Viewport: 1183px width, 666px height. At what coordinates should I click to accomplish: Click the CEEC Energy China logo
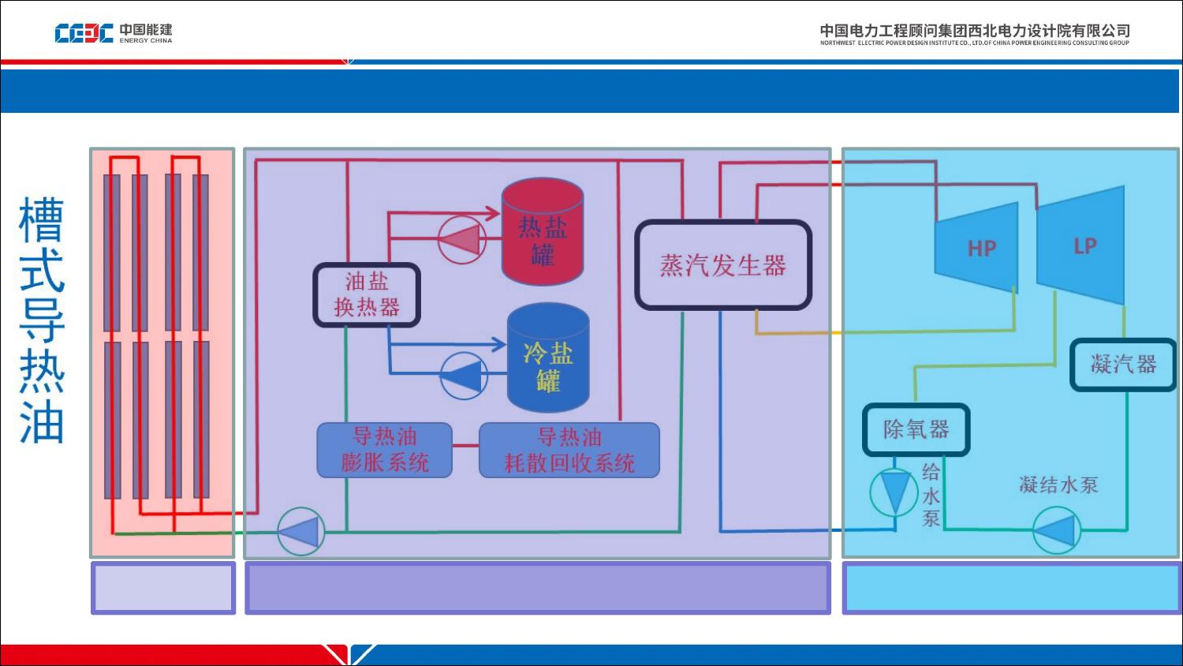114,33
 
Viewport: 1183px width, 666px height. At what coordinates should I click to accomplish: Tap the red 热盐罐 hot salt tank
543,231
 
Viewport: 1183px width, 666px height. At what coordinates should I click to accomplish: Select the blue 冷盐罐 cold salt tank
548,357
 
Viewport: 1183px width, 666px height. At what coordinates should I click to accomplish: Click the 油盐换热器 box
367,295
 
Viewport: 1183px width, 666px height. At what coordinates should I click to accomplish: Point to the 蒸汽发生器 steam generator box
723,265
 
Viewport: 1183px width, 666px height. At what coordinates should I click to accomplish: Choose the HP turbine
976,247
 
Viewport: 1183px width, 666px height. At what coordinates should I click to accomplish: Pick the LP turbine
1080,245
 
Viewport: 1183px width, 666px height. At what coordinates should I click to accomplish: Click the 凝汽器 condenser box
1123,365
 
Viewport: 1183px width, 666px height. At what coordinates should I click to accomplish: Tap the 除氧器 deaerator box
916,430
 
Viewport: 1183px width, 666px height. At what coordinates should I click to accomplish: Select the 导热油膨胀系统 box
385,451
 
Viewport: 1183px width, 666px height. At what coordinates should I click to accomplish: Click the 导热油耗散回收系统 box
569,451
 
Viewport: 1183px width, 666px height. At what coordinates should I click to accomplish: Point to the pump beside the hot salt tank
462,239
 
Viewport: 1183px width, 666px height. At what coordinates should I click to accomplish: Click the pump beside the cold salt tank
464,376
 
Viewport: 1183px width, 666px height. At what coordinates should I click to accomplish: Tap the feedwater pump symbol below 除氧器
894,492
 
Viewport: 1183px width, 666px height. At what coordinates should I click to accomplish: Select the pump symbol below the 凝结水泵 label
1056,530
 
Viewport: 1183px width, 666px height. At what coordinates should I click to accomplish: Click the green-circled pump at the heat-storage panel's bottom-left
301,531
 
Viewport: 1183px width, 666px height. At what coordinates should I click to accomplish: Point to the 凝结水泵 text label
1058,485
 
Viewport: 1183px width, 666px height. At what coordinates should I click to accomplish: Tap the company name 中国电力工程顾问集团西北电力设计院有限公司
975,31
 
